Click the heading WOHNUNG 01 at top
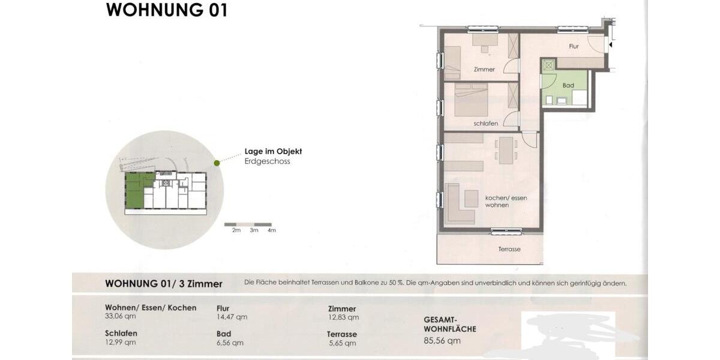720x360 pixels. (x=166, y=10)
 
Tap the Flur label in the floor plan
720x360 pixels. (x=574, y=46)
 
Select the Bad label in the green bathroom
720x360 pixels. (x=568, y=86)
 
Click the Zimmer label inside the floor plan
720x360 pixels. (x=484, y=70)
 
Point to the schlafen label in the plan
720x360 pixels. (x=485, y=124)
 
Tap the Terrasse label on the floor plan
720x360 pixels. (x=509, y=249)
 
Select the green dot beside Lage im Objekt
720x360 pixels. (x=217, y=163)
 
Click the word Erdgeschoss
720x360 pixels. (x=267, y=161)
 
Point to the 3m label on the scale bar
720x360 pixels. (x=254, y=230)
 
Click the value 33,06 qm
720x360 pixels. (x=120, y=317)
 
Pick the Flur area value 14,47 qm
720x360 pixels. (x=232, y=317)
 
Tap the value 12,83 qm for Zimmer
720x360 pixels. (x=343, y=317)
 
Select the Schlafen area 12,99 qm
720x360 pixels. (x=120, y=343)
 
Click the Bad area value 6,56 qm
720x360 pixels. (x=230, y=343)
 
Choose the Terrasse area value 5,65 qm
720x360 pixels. (x=342, y=343)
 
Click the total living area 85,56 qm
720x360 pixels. (x=442, y=341)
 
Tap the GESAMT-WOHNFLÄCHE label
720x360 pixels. (x=450, y=325)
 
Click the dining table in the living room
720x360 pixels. (x=507, y=149)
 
